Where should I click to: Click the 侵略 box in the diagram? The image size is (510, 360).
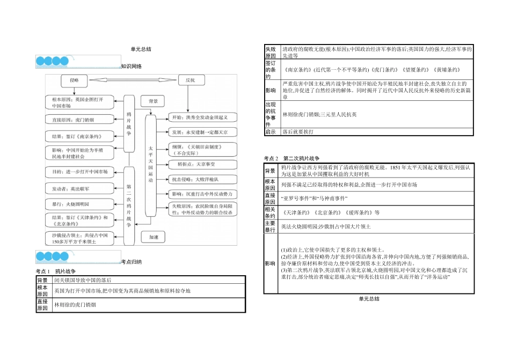[74, 80]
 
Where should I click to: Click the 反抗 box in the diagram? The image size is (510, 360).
[190, 80]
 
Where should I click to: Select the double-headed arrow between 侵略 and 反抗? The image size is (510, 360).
[132, 80]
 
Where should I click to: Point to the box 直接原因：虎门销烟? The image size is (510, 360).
[80, 120]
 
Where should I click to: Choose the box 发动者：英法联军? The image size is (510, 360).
[79, 189]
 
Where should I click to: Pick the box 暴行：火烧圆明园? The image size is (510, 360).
[79, 204]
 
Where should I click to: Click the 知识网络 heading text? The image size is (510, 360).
[132, 67]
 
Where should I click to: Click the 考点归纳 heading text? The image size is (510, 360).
[132, 262]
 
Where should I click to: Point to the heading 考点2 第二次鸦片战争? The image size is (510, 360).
[292, 158]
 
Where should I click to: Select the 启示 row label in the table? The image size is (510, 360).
[271, 131]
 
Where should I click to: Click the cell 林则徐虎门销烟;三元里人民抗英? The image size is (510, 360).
[319, 114]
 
